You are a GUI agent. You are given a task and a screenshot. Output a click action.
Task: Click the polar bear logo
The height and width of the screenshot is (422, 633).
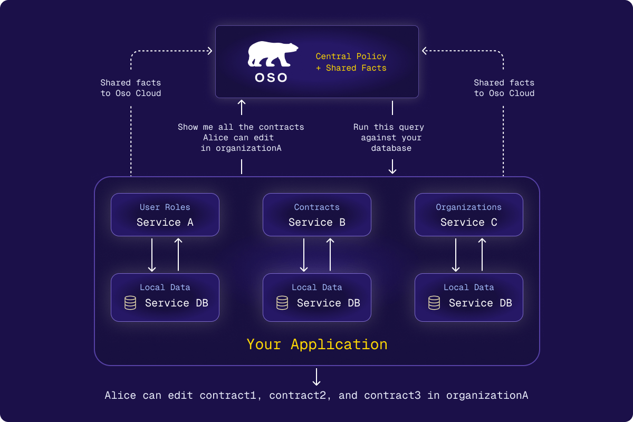pos(272,54)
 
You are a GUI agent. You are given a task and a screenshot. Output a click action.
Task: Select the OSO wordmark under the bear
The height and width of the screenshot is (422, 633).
pos(271,78)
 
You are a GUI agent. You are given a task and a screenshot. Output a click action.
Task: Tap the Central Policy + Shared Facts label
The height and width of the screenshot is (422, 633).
pos(351,62)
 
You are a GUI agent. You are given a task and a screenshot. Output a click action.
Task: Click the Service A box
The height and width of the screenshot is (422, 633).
pos(165,215)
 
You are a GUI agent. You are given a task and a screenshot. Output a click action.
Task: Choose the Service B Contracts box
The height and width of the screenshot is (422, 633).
pos(317,215)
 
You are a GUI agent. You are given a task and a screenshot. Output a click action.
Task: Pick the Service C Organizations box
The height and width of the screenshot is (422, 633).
pos(469,215)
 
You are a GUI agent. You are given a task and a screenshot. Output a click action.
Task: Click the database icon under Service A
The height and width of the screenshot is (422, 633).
pos(130,303)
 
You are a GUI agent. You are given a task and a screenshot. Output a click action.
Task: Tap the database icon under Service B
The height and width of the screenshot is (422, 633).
pos(282,303)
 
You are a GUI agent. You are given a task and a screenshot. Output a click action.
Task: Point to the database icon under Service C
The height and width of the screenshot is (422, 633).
pos(434,303)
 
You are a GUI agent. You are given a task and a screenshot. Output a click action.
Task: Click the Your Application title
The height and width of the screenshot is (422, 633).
pos(317,344)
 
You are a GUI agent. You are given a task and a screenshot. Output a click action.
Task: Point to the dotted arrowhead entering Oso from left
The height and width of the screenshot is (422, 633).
pos(210,51)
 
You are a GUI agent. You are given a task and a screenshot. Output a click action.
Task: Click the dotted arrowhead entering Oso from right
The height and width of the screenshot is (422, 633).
pos(424,51)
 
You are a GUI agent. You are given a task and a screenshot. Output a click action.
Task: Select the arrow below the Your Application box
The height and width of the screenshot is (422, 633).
pos(316,377)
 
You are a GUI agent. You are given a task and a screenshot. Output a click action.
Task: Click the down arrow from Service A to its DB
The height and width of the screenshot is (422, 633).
pos(152,255)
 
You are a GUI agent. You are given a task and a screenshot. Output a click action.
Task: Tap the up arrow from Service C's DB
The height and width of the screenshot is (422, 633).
pos(482,255)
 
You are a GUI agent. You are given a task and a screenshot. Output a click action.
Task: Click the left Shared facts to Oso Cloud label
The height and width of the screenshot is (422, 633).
pos(131,88)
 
